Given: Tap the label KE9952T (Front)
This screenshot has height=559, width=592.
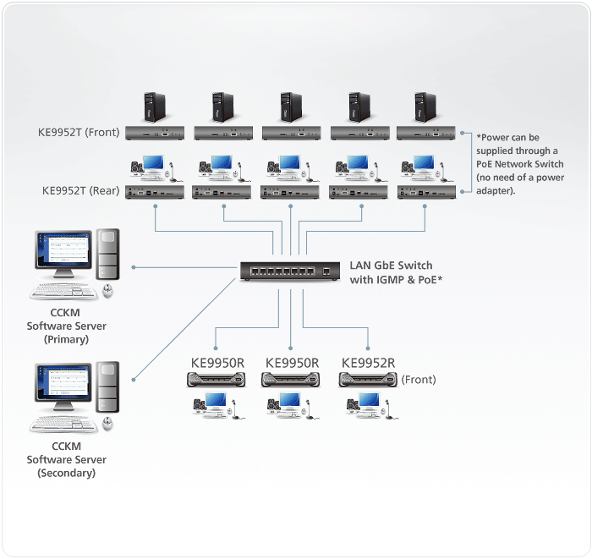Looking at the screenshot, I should pyautogui.click(x=80, y=132).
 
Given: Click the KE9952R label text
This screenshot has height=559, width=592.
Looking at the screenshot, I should pyautogui.click(x=368, y=363).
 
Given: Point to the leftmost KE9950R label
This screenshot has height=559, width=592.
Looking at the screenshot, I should pyautogui.click(x=217, y=363).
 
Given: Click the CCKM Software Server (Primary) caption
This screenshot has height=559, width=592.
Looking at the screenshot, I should pyautogui.click(x=69, y=326).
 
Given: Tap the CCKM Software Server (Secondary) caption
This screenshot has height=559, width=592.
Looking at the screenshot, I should pyautogui.click(x=67, y=460).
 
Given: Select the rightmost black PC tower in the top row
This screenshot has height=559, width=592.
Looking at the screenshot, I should pyautogui.click(x=425, y=107).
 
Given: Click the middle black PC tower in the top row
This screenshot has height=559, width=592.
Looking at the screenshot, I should pyautogui.click(x=290, y=107).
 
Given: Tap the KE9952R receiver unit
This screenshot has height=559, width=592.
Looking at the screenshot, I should pyautogui.click(x=367, y=380).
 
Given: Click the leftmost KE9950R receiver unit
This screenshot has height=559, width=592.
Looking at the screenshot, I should pyautogui.click(x=217, y=380).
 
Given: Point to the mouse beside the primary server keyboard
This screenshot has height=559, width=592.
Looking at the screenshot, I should pyautogui.click(x=107, y=292).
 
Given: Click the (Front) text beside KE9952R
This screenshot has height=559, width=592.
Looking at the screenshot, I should pyautogui.click(x=419, y=380).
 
